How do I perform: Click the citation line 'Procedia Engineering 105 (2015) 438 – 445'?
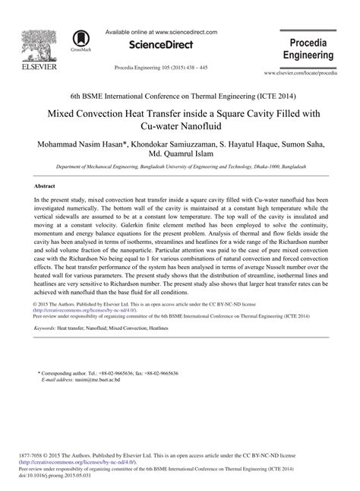point(160,67)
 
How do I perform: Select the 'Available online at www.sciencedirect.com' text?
point(161,33)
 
